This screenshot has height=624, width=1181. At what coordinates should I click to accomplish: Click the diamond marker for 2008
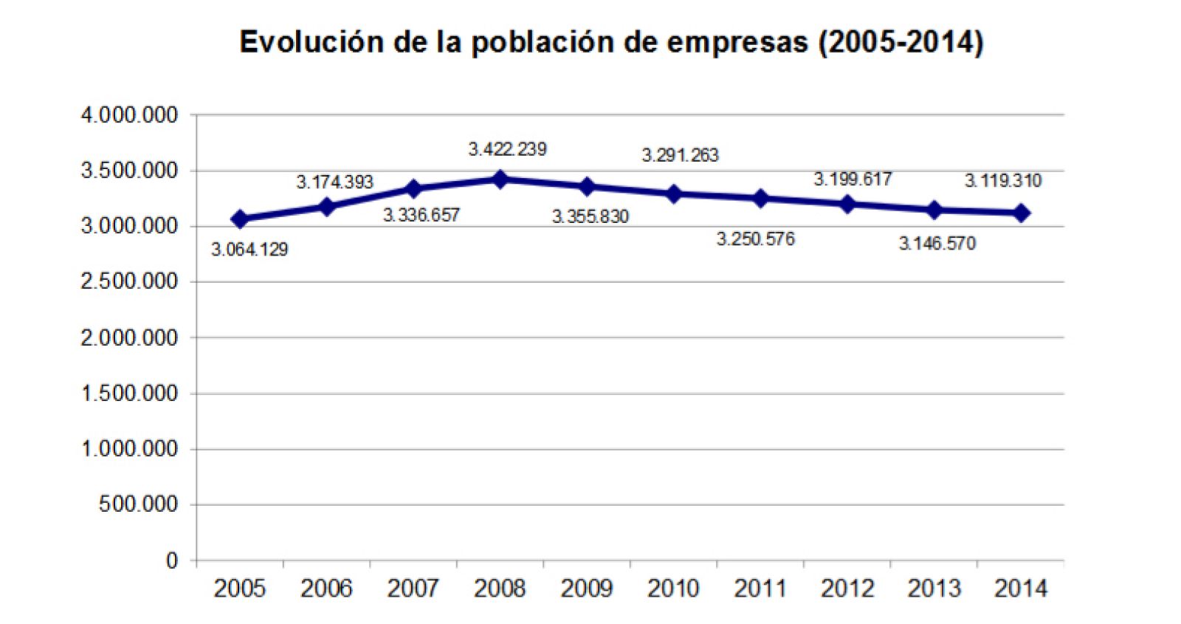[500, 179]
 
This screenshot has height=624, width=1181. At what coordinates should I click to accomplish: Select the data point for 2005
[239, 219]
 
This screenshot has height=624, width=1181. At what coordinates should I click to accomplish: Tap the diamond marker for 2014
[1022, 213]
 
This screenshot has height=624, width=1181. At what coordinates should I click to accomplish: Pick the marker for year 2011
[761, 198]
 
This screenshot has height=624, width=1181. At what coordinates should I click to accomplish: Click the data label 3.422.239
[507, 149]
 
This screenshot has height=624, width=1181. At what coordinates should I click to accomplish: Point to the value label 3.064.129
[249, 250]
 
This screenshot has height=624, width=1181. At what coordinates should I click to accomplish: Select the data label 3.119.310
[1002, 181]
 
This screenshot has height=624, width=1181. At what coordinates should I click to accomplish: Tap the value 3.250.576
[755, 239]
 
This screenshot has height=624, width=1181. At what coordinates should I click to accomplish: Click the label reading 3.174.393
[334, 182]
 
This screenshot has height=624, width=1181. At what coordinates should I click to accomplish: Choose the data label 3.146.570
[937, 244]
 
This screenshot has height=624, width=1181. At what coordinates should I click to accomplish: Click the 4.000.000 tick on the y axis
[129, 115]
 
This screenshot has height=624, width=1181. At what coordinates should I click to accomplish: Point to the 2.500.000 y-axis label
[129, 281]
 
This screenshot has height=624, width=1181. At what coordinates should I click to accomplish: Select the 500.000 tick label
[138, 504]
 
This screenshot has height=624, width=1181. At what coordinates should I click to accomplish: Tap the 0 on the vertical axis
[171, 560]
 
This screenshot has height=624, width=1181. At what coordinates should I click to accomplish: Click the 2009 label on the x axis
[586, 589]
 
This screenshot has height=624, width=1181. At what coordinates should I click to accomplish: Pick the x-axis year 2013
[934, 589]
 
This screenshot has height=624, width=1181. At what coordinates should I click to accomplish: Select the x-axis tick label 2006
[326, 589]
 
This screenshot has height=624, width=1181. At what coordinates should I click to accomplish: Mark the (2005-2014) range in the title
[901, 42]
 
